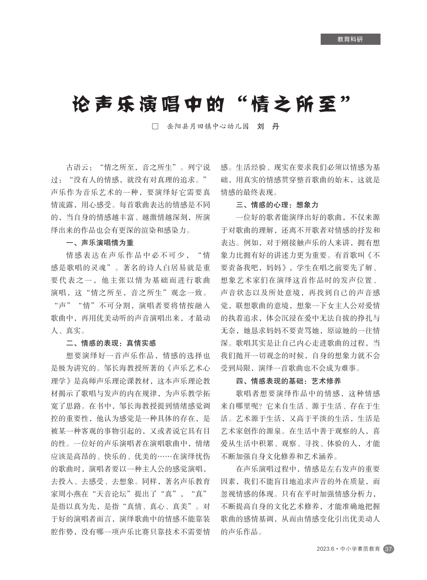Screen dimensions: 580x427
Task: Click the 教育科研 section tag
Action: (x=350, y=39)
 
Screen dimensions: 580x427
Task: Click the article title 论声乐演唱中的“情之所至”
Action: (x=211, y=104)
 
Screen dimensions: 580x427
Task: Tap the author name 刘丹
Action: (x=268, y=127)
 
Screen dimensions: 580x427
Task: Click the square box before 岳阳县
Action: (x=155, y=127)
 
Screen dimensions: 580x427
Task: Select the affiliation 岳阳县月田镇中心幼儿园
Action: (x=208, y=127)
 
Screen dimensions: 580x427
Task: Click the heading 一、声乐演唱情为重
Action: (x=100, y=243)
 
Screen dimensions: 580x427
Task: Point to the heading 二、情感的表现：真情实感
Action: (x=111, y=343)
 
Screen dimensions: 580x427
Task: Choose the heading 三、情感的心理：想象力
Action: (x=277, y=205)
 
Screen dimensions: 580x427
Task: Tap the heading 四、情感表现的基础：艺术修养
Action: (x=288, y=381)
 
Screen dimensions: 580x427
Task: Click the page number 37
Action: (x=388, y=549)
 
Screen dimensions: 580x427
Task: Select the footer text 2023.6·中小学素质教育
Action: (x=348, y=549)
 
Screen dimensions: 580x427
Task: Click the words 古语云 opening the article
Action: (x=77, y=167)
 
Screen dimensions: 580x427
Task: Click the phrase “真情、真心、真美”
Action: (x=157, y=506)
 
